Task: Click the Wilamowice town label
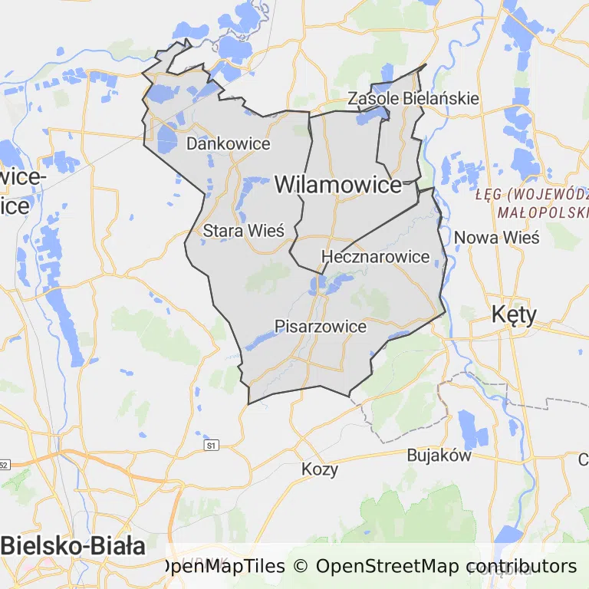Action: pos(337,185)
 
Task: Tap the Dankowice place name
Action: pos(229,143)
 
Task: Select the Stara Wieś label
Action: pos(244,230)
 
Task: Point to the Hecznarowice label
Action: pos(376,256)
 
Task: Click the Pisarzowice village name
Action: pos(321,327)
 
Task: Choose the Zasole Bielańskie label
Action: pos(413,98)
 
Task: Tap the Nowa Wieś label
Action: pos(497,237)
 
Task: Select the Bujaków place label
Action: pos(439,455)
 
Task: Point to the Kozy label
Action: pos(320,469)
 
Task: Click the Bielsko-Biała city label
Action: pos(74,546)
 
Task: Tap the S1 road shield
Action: pos(212,445)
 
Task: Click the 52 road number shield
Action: pos(4,465)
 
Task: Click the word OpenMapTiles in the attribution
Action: pos(225,566)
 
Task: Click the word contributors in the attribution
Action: pos(522,566)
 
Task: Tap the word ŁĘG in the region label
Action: pos(489,193)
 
